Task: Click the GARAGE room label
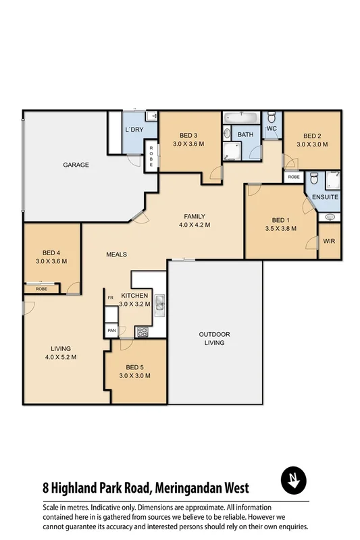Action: click(x=76, y=165)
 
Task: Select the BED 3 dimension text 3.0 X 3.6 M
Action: click(x=188, y=144)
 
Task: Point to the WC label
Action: click(x=272, y=128)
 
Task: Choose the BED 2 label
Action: click(x=311, y=134)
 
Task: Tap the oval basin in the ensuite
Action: click(x=330, y=217)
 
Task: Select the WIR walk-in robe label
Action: click(x=330, y=241)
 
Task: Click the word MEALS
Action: click(x=116, y=254)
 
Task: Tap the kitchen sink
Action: click(x=159, y=305)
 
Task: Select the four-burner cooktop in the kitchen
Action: click(x=143, y=331)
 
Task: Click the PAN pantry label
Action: click(x=111, y=331)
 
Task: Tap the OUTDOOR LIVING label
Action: click(x=215, y=338)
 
